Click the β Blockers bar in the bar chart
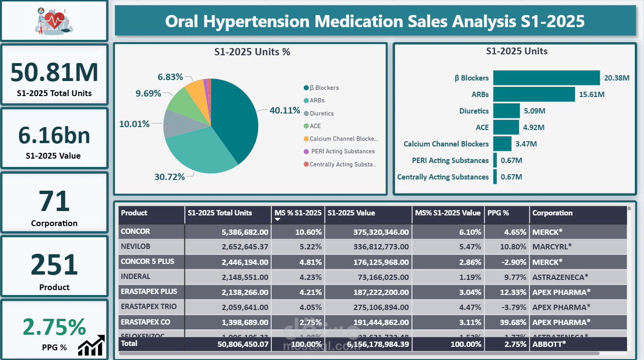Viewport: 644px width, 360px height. [x=546, y=78]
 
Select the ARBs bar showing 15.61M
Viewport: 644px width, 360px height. [x=534, y=94]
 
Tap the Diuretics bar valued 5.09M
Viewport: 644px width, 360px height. [x=507, y=111]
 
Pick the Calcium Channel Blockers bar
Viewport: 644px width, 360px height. [x=502, y=144]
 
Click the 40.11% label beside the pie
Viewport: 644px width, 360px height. [x=285, y=110]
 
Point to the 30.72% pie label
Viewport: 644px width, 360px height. [x=169, y=177]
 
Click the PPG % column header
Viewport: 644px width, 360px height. [x=498, y=213]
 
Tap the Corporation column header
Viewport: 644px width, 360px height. [x=552, y=213]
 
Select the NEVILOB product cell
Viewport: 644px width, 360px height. [x=135, y=246]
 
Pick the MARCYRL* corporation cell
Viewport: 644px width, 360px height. [x=552, y=246]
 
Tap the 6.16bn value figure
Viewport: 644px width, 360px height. [x=54, y=135]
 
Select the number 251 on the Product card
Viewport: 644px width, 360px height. [x=54, y=264]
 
